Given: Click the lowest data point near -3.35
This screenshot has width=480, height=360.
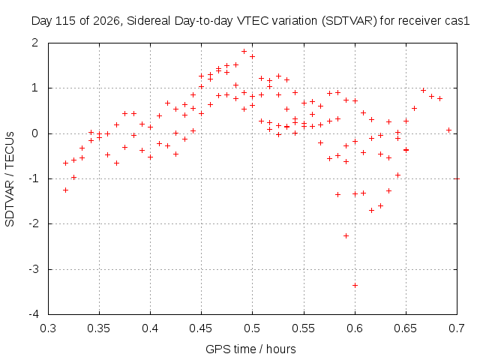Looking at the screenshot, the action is pos(355,285).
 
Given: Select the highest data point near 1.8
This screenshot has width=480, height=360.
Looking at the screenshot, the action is pos(244,52).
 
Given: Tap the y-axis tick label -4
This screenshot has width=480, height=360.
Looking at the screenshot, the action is pos(34,313).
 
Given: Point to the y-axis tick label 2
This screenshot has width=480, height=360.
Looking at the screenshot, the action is pos(35,43).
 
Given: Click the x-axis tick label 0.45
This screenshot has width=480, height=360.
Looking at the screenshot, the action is pos(201,328).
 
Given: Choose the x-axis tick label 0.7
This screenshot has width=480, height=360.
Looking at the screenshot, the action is pos(457,328).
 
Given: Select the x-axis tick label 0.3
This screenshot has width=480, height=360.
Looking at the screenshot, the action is pos(48,328).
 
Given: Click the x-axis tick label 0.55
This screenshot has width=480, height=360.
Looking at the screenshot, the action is pos(303,328).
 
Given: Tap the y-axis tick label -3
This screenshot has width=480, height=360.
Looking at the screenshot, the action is pos(34,269).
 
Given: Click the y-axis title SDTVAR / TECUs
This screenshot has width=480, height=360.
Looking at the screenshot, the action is pos(10,179).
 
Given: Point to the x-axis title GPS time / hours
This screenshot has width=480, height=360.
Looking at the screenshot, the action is pos(250,349).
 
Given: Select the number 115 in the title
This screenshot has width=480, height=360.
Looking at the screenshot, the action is pos(64,21).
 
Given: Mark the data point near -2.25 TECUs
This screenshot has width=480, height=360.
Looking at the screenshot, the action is pos(346,235).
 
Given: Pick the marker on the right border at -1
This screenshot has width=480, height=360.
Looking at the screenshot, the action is pos(457,178).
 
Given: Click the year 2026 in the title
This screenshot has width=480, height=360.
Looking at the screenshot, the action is pos(106,21).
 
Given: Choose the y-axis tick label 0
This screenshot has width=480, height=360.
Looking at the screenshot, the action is pos(35,133).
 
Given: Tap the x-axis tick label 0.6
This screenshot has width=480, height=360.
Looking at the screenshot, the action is pos(355,328).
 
